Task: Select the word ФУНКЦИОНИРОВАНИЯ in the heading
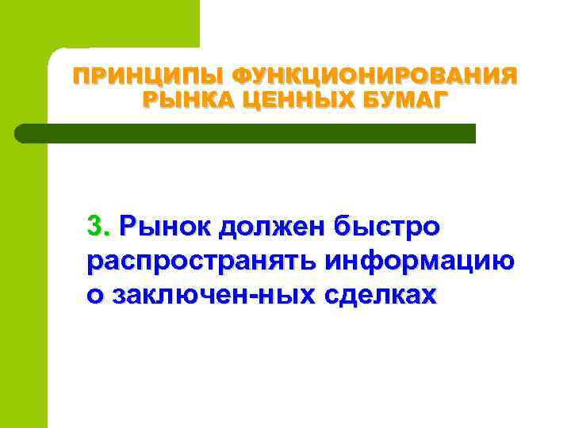click(x=375, y=77)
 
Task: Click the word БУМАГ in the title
click(x=410, y=101)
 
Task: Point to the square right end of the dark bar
click(x=471, y=133)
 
